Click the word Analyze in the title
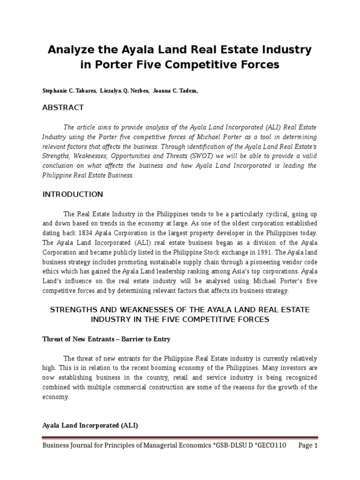pos(70,50)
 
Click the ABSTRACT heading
pos(63,107)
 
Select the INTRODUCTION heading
pos(73,194)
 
